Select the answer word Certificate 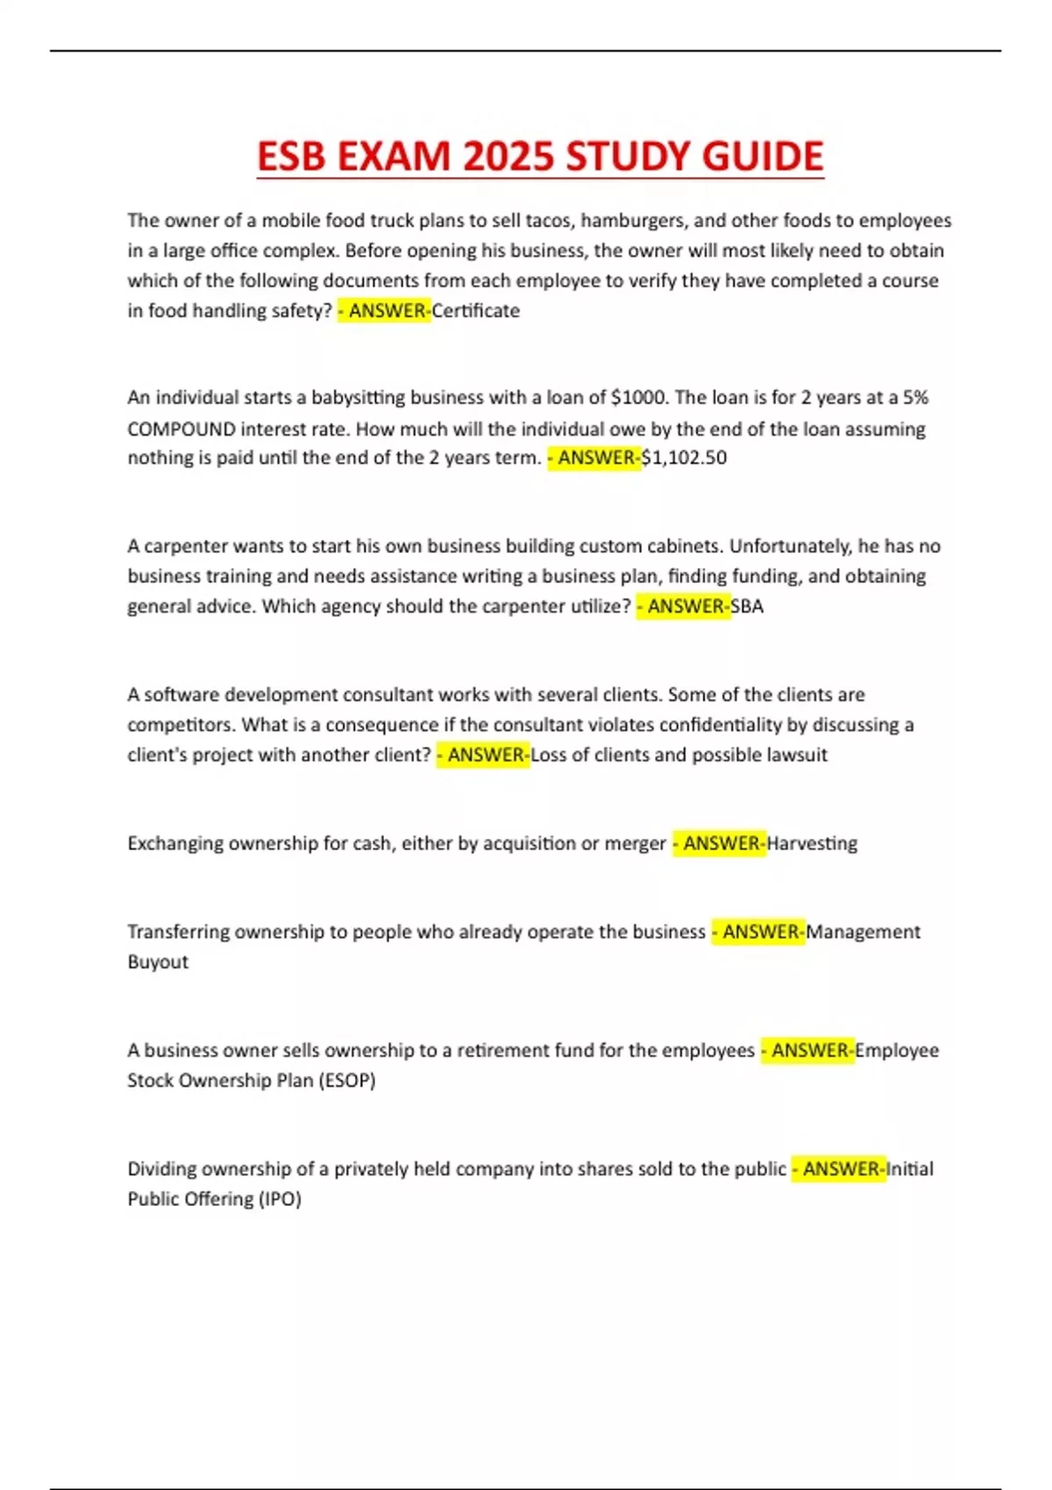(475, 311)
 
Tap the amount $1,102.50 (684, 458)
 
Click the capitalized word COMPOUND (181, 429)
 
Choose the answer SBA (747, 607)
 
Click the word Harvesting (812, 843)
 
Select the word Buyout (158, 961)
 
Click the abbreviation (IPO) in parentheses (280, 1199)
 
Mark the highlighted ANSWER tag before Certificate (385, 311)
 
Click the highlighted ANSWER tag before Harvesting (720, 843)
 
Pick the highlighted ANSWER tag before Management (758, 932)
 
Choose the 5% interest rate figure (915, 398)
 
